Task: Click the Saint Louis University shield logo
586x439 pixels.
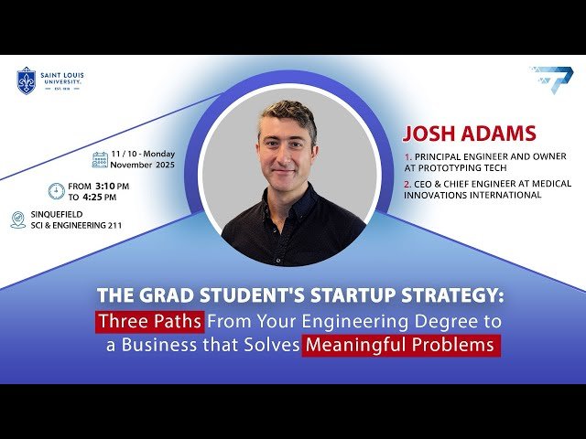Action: pyautogui.click(x=27, y=80)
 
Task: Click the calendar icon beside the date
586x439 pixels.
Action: pyautogui.click(x=100, y=160)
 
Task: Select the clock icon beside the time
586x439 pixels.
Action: pyautogui.click(x=56, y=191)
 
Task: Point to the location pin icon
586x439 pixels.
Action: pyautogui.click(x=18, y=219)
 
